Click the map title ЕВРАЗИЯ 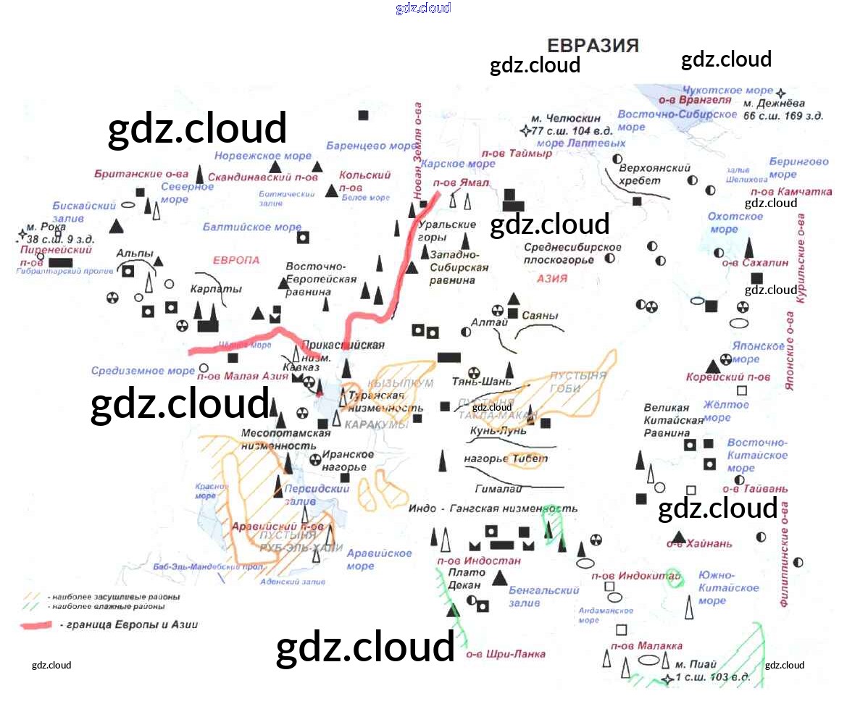593,46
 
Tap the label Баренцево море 370,146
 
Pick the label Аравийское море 379,559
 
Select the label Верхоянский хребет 654,174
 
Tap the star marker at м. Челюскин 526,131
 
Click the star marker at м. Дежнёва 780,93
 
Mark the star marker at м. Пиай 667,679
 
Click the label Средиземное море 143,371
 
